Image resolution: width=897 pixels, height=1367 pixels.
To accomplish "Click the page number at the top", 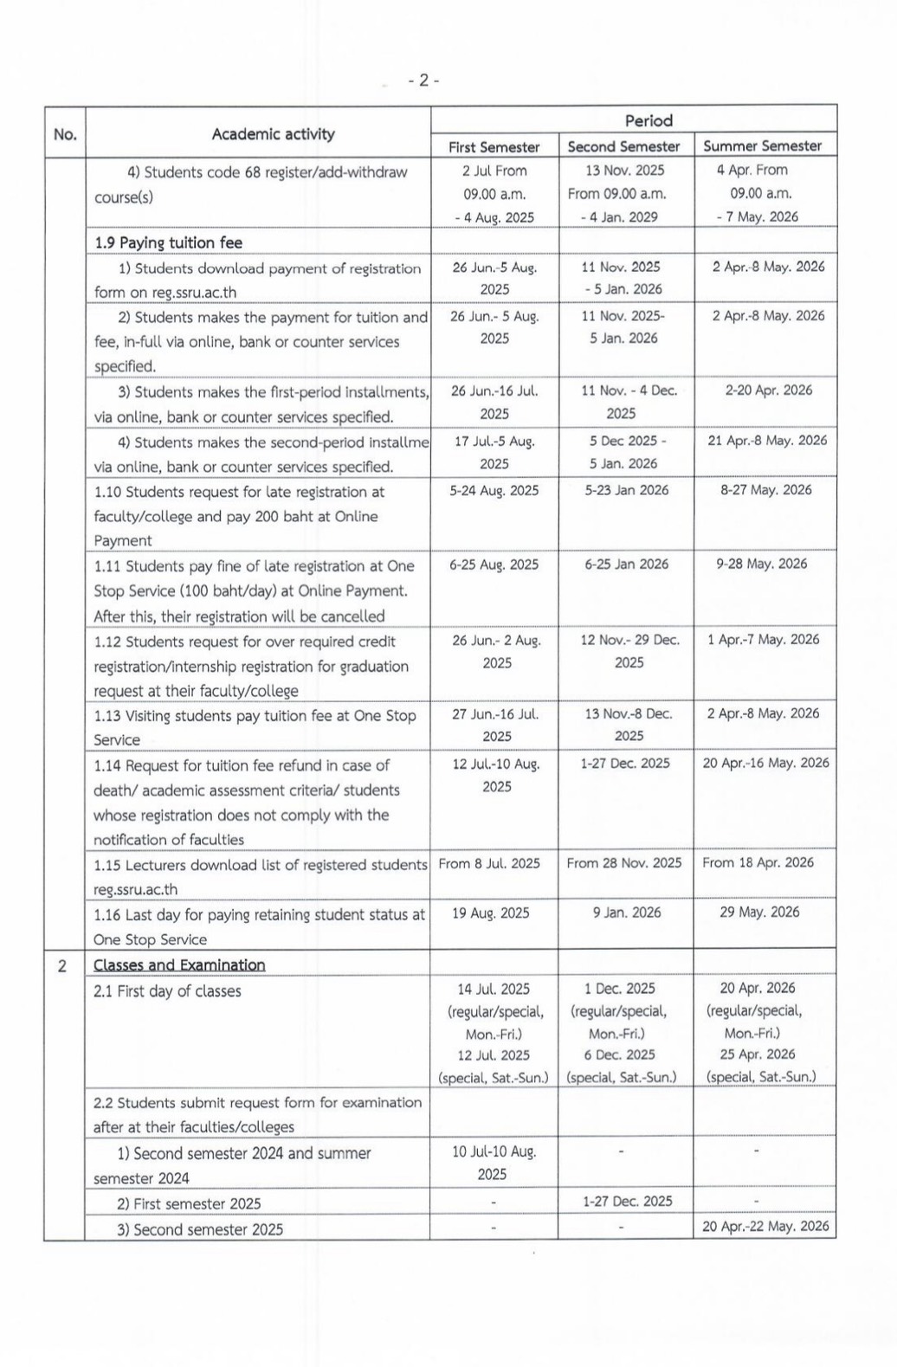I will click(x=423, y=81).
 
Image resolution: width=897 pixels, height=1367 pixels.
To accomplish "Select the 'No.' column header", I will click(x=65, y=134).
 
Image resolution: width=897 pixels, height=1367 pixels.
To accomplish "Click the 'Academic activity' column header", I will click(x=273, y=134).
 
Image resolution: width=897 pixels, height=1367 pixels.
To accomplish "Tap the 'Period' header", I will click(x=649, y=120).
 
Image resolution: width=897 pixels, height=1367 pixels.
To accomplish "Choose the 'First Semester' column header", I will click(x=494, y=146).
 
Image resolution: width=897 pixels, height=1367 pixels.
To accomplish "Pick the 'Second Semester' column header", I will click(x=623, y=146).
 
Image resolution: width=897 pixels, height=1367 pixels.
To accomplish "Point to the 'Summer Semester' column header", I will click(x=762, y=145).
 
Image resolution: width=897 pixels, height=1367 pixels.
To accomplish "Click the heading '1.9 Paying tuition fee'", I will click(x=169, y=242).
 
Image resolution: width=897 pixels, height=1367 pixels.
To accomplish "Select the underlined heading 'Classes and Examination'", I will click(x=179, y=965).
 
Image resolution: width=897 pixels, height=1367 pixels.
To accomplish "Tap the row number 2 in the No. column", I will click(x=62, y=966).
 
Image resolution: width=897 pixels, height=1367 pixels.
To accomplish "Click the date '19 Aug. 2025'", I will click(x=491, y=913).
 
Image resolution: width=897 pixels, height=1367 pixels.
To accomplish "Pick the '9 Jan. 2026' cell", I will click(x=627, y=912).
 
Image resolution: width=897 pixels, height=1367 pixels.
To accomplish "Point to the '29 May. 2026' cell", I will click(x=759, y=912).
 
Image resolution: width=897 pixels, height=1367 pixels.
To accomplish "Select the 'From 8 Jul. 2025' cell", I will click(x=489, y=863).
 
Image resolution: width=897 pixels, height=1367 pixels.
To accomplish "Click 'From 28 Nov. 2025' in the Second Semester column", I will click(x=624, y=863).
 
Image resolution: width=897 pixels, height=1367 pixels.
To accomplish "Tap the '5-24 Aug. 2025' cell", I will click(x=494, y=490).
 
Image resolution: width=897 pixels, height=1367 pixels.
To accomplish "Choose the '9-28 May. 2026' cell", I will click(x=762, y=564).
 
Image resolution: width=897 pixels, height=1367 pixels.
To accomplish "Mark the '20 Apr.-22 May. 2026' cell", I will click(x=765, y=1226).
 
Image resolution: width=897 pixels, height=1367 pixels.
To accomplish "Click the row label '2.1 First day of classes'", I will click(x=168, y=991).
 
